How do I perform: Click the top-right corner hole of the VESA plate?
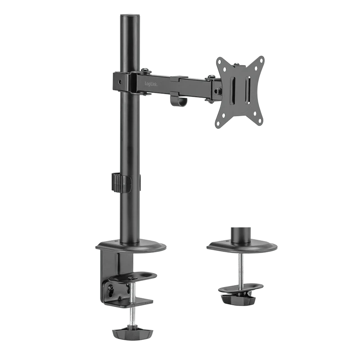pos(260,61)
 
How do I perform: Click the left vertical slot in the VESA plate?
pos(233,90)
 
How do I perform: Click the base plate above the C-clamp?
pos(130,247)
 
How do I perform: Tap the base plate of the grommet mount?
pos(243,246)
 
